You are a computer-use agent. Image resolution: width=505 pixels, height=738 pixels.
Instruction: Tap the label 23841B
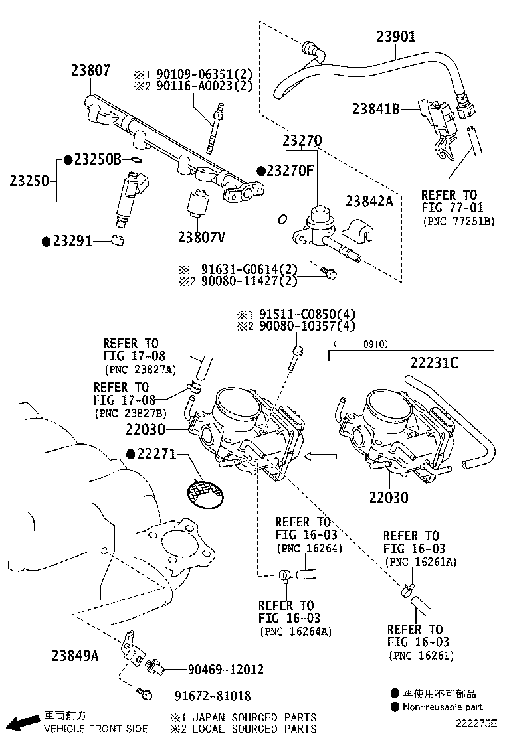375,108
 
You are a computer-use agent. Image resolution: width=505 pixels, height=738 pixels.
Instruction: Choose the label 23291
72,242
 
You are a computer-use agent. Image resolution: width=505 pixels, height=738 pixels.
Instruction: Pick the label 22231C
433,363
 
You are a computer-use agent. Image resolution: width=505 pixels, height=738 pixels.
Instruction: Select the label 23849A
75,656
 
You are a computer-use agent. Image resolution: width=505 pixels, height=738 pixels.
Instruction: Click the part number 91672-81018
213,696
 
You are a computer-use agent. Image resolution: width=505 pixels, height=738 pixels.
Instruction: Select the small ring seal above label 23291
118,239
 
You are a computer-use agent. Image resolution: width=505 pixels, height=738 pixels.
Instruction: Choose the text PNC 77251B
458,221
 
